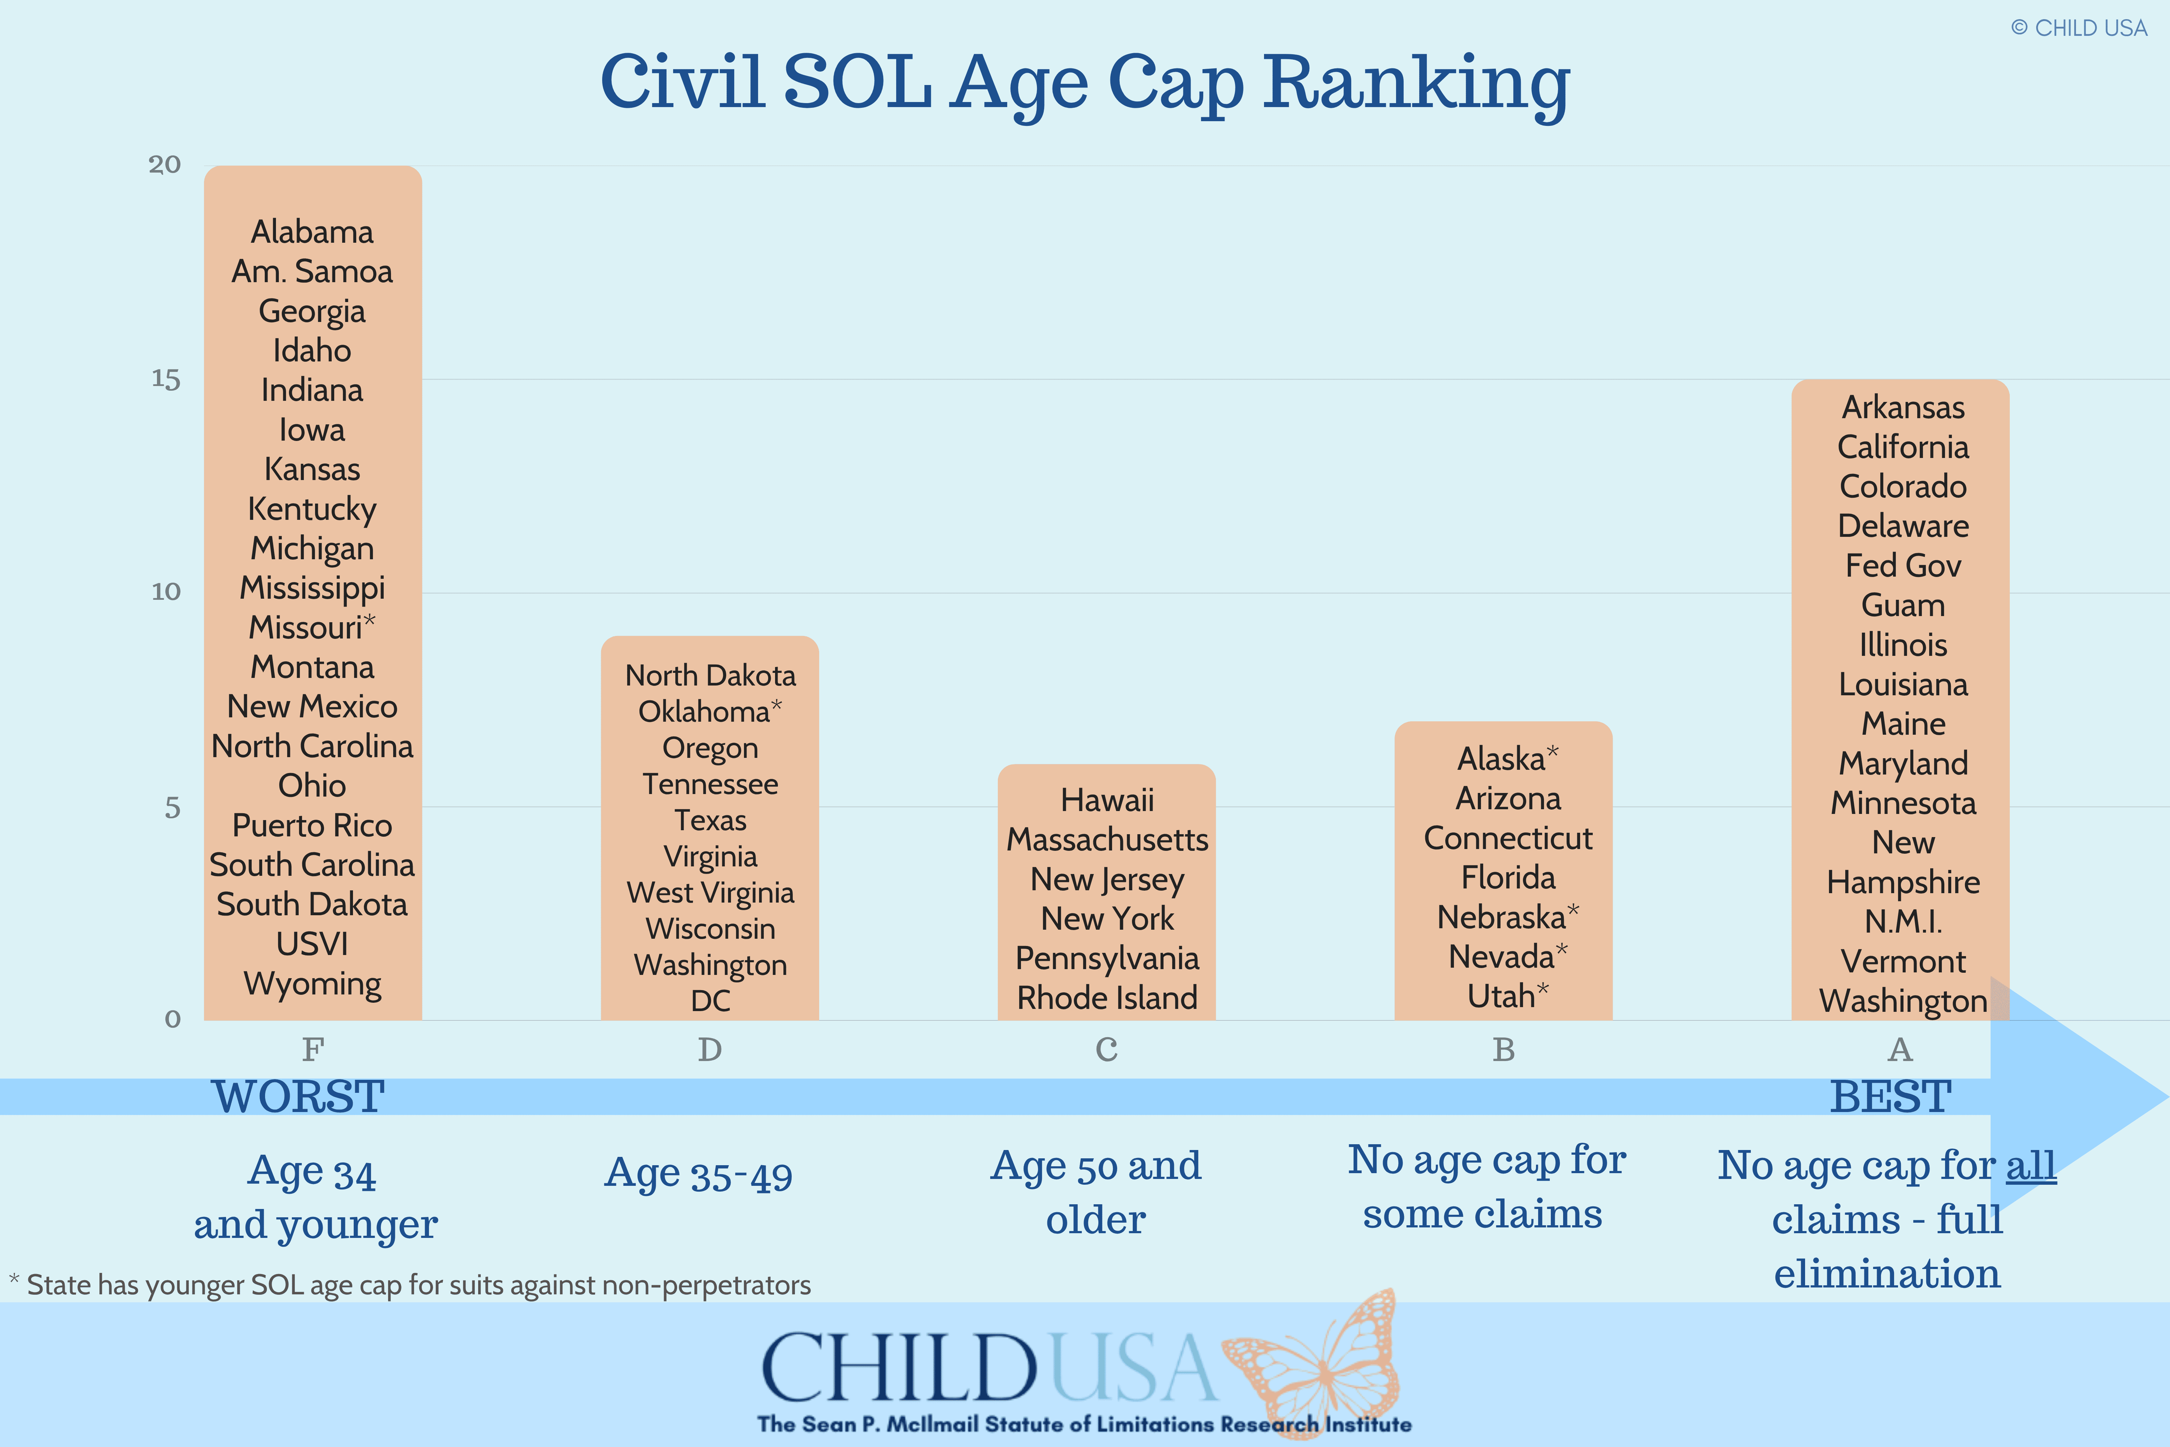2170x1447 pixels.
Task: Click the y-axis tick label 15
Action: click(166, 379)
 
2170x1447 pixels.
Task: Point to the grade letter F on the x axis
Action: click(313, 1049)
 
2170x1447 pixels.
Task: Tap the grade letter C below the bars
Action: click(1106, 1049)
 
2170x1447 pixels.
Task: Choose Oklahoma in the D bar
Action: click(704, 712)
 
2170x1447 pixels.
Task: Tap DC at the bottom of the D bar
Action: click(710, 1000)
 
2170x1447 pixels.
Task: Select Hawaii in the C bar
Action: click(1106, 800)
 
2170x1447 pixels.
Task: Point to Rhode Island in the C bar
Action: click(1106, 998)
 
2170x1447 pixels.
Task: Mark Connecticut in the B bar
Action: click(1507, 838)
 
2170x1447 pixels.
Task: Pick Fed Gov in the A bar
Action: click(1902, 566)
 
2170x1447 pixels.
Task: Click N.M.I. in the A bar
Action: click(1902, 921)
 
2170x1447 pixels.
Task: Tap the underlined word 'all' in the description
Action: click(2031, 1166)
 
